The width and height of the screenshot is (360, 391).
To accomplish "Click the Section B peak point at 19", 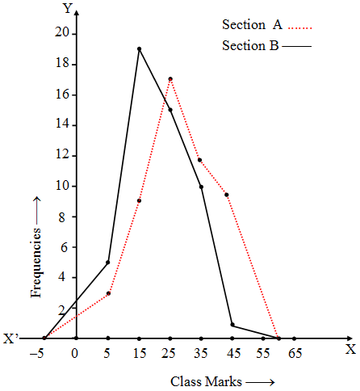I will (x=139, y=49).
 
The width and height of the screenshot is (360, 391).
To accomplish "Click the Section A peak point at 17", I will (x=170, y=79).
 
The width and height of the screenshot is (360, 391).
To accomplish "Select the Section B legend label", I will (x=249, y=46).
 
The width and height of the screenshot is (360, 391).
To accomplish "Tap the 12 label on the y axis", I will (x=61, y=155).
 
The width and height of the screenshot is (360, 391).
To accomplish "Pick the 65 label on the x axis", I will (x=295, y=352).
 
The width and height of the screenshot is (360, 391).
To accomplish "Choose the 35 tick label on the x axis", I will (x=201, y=352).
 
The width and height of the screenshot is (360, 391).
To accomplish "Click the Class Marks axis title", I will (x=221, y=380).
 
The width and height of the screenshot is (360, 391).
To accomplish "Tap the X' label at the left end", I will (x=11, y=339).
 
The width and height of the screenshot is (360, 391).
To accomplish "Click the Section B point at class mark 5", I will (x=108, y=263).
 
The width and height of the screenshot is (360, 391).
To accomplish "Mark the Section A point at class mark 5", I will (x=108, y=293).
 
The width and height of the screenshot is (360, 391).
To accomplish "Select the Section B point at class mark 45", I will (x=232, y=325).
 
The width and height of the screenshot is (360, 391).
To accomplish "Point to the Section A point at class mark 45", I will (x=227, y=195).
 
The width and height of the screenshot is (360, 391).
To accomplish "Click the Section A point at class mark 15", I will (x=139, y=200).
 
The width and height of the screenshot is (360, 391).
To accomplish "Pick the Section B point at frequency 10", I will (x=201, y=187).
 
